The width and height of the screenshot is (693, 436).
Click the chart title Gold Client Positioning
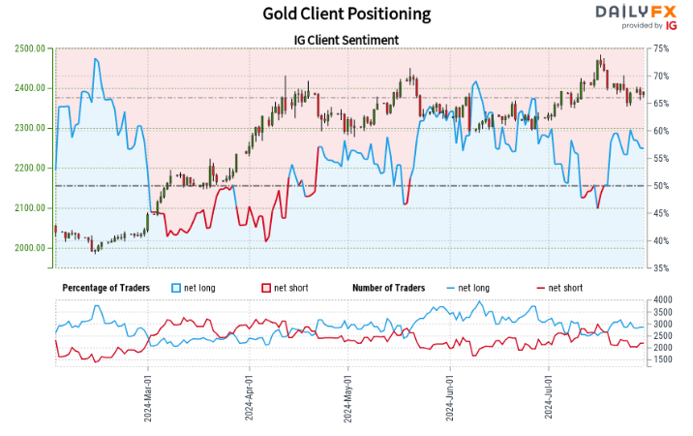pyautogui.click(x=346, y=14)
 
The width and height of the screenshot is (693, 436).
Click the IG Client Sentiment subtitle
pyautogui.click(x=346, y=40)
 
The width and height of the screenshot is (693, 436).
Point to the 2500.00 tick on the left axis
pyautogui.click(x=31, y=48)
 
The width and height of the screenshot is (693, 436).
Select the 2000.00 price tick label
pyautogui.click(x=31, y=248)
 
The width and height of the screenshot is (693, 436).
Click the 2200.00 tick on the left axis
pyautogui.click(x=31, y=169)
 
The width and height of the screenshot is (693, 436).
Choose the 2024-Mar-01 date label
pyautogui.click(x=148, y=397)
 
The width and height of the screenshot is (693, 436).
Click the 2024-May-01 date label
pyautogui.click(x=347, y=397)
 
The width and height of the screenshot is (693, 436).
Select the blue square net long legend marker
pyautogui.click(x=176, y=288)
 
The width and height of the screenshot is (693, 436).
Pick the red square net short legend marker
pyautogui.click(x=266, y=288)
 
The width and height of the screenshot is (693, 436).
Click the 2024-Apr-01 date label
pyautogui.click(x=249, y=397)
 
